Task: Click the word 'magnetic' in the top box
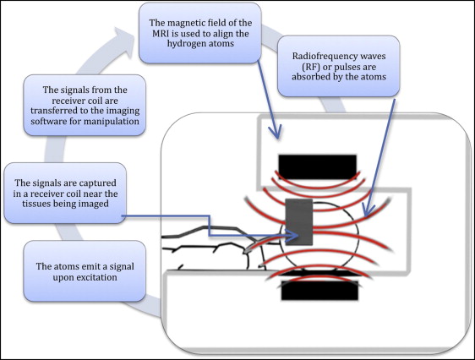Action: point(182,23)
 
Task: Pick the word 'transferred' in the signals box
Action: point(49,111)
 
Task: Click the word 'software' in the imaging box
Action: point(46,122)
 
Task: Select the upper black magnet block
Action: point(317,167)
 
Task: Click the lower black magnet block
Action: point(319,291)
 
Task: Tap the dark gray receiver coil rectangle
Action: point(298,222)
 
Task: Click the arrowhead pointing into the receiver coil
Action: point(292,236)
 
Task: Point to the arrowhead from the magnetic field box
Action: point(276,132)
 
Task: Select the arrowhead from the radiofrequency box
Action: point(368,210)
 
